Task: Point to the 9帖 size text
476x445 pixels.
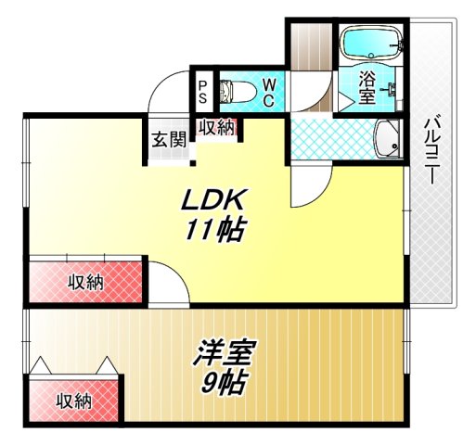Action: point(223,381)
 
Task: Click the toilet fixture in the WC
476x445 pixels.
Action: point(235,91)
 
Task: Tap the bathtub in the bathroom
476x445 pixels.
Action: point(370,42)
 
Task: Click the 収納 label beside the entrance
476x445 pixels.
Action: point(216,128)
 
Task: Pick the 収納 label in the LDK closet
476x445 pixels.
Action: point(86,282)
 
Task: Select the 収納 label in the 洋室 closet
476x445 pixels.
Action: point(73,401)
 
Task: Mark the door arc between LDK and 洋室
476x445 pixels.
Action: point(167,283)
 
